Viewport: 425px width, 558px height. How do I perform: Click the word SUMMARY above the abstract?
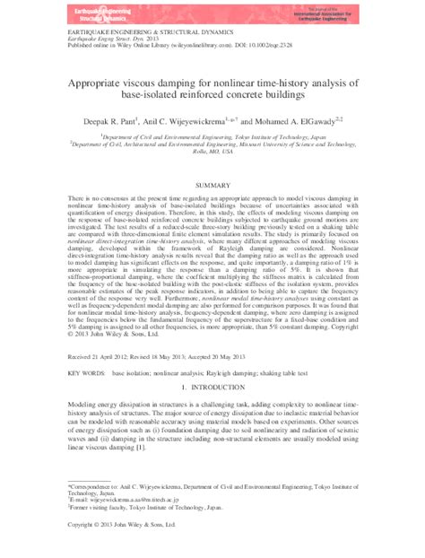tap(212, 182)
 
